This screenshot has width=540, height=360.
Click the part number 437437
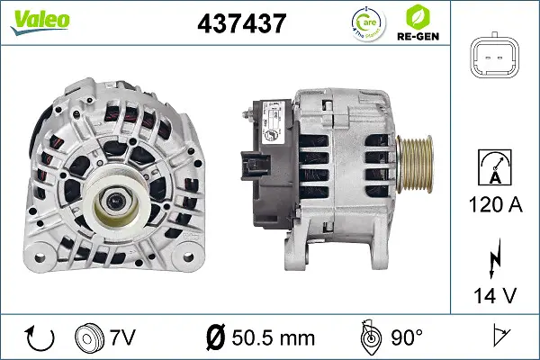[x=240, y=23]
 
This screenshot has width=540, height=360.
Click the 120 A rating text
[x=497, y=206]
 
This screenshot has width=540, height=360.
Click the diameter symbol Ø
[x=216, y=337]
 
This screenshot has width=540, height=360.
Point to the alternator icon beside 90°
[x=368, y=337]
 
